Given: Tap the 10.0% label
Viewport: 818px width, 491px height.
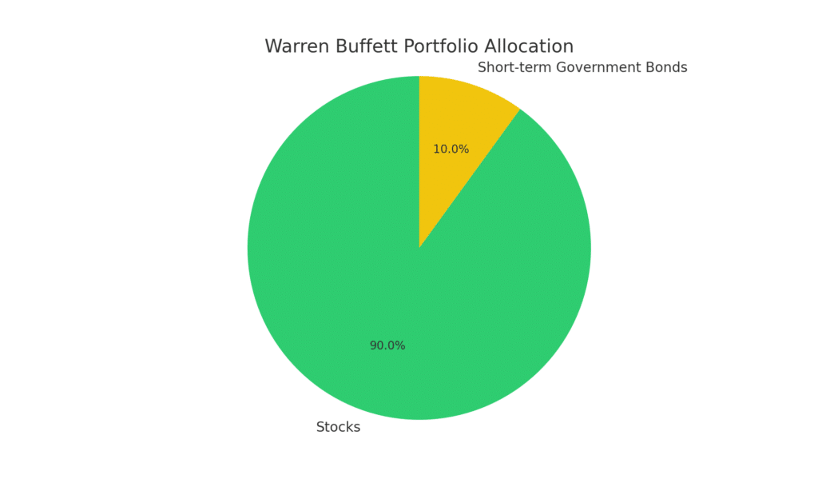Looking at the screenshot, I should (451, 150).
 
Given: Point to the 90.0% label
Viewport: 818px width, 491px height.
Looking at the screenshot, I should (387, 346).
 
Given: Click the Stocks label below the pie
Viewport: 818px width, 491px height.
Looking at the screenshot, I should (338, 428).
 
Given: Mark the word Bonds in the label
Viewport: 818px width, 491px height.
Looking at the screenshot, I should (667, 68).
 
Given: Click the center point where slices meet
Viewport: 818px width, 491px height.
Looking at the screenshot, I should (419, 248).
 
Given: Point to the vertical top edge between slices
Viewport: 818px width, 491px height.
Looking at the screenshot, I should (419, 160).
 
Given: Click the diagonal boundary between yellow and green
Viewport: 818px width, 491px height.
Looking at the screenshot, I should (471, 177).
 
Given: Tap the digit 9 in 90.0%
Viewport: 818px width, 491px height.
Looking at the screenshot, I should (373, 346).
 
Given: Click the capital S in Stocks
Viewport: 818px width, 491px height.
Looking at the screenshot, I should (320, 428).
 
